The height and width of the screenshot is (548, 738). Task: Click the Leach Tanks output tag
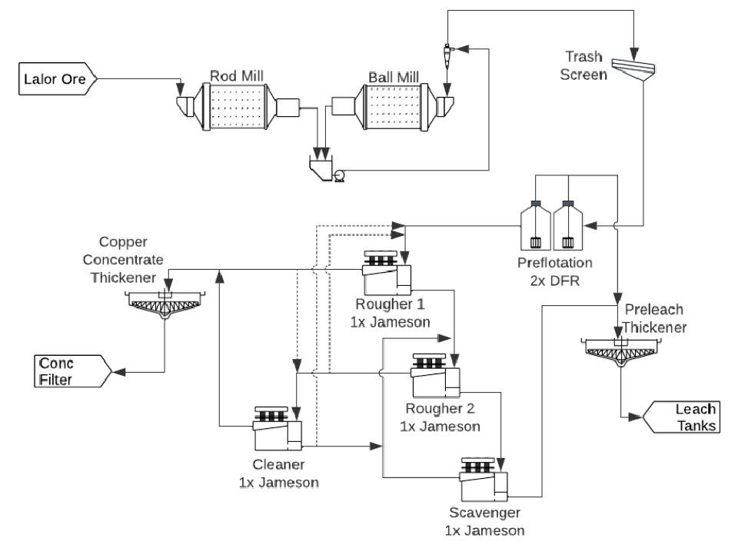point(684,416)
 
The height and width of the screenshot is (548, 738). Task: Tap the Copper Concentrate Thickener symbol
point(165,305)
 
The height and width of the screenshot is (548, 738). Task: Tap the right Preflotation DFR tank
point(568,228)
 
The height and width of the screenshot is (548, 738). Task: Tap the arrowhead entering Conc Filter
point(118,370)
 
